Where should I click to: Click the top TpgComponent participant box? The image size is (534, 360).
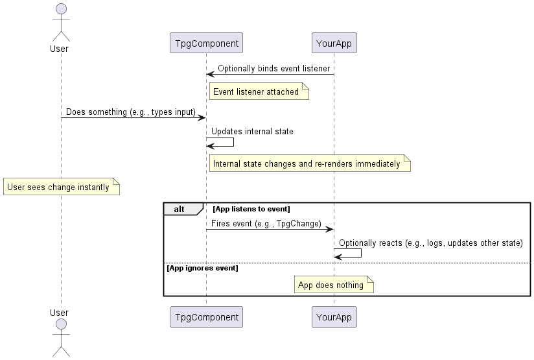[206, 43]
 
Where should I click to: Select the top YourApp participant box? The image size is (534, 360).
[334, 43]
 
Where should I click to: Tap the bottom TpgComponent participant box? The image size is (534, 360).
[206, 317]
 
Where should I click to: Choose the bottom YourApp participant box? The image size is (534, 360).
[334, 317]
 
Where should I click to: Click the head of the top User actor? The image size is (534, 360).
[61, 8]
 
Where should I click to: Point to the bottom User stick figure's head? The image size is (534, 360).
[61, 324]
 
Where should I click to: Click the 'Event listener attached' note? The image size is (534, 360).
[257, 92]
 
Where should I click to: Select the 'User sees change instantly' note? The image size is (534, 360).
[61, 187]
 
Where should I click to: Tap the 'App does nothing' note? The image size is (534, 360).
[334, 285]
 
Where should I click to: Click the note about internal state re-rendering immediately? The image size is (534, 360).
[308, 163]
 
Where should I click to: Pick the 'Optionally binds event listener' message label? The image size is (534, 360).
[273, 68]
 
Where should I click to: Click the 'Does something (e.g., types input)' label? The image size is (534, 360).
[130, 112]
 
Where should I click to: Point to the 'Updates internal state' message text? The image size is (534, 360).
[252, 131]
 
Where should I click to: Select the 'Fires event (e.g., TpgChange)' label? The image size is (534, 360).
[266, 223]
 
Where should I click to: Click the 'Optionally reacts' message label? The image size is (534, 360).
[430, 243]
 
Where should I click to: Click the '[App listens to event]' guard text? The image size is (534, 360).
[251, 209]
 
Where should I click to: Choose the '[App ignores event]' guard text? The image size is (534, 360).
[202, 267]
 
